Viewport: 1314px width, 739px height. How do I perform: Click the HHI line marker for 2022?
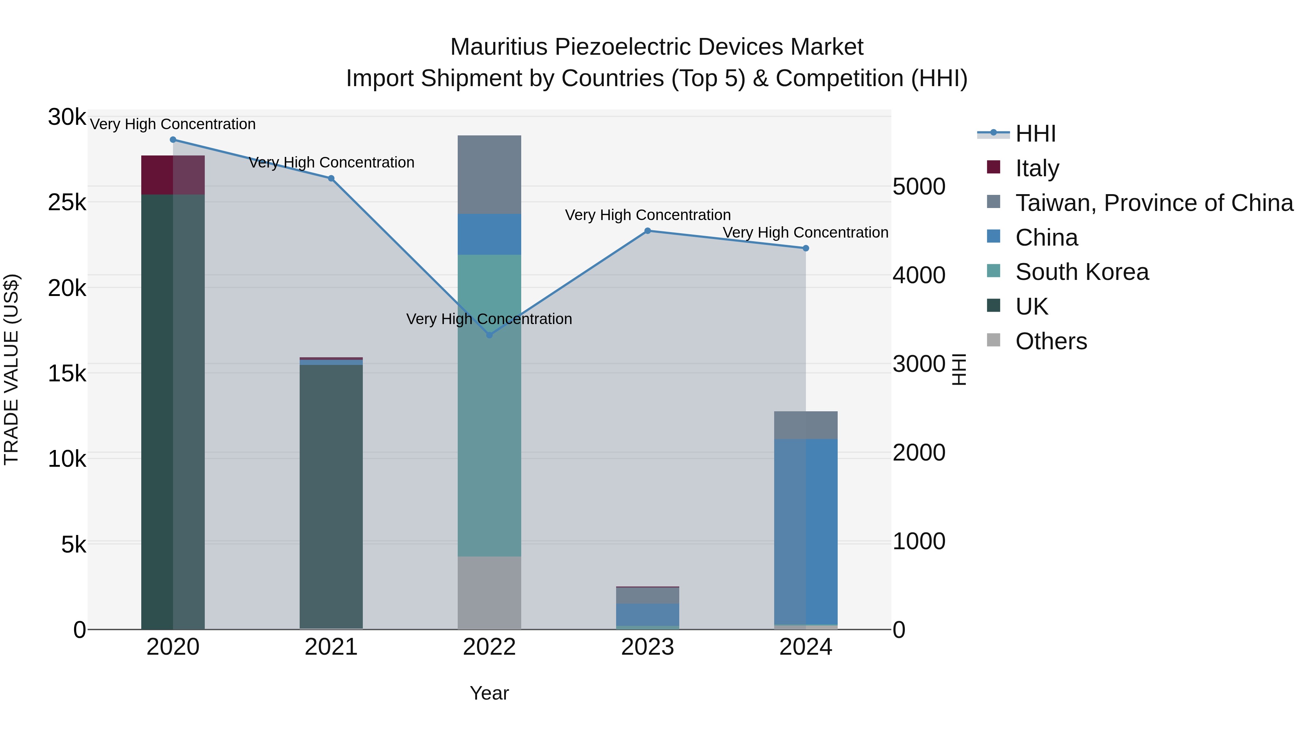(x=489, y=335)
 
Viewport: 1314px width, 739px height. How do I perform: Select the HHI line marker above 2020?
(x=173, y=140)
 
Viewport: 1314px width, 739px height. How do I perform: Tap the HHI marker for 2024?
(x=806, y=249)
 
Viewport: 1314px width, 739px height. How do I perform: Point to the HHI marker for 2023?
(x=648, y=231)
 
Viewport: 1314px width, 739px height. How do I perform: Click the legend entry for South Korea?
(x=1081, y=272)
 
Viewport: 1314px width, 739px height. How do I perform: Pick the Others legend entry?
(x=1051, y=341)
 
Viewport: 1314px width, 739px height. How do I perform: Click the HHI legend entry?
(x=1036, y=134)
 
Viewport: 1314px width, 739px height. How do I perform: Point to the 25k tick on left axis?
(x=67, y=203)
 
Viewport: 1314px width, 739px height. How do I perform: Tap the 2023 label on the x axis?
(x=648, y=647)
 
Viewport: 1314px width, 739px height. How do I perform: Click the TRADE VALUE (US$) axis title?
(x=11, y=369)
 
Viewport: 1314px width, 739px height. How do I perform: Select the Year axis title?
(x=489, y=693)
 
